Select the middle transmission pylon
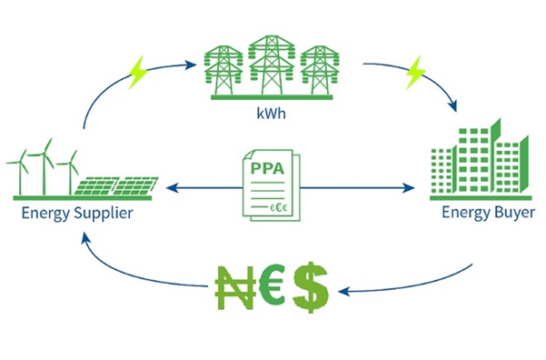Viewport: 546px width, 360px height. click(270, 64)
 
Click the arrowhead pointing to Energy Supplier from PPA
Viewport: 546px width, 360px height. click(171, 189)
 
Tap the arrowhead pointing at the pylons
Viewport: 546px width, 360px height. click(193, 65)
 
